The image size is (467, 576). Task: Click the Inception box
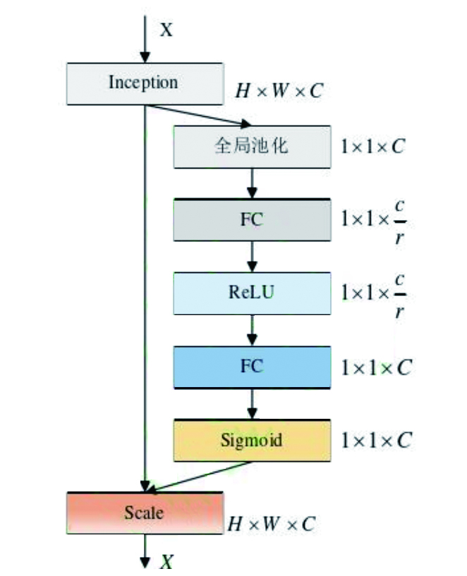pyautogui.click(x=144, y=82)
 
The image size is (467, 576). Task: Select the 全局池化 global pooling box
pyautogui.click(x=251, y=147)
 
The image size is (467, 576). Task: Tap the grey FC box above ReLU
pyautogui.click(x=251, y=219)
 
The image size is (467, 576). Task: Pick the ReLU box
pyautogui.click(x=251, y=293)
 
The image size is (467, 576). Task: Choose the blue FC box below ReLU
pyautogui.click(x=251, y=366)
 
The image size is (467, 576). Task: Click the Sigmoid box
pyautogui.click(x=251, y=440)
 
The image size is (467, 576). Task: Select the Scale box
pyautogui.click(x=144, y=513)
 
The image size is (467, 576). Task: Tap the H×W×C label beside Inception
pyautogui.click(x=281, y=91)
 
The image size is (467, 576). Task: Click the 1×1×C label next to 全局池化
pyautogui.click(x=374, y=147)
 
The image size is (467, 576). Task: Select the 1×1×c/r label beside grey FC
pyautogui.click(x=374, y=219)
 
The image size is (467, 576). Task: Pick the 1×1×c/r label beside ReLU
pyautogui.click(x=374, y=293)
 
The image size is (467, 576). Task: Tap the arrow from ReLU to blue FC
pyautogui.click(x=252, y=329)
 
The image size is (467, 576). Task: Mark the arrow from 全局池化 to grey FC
pyautogui.click(x=252, y=183)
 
